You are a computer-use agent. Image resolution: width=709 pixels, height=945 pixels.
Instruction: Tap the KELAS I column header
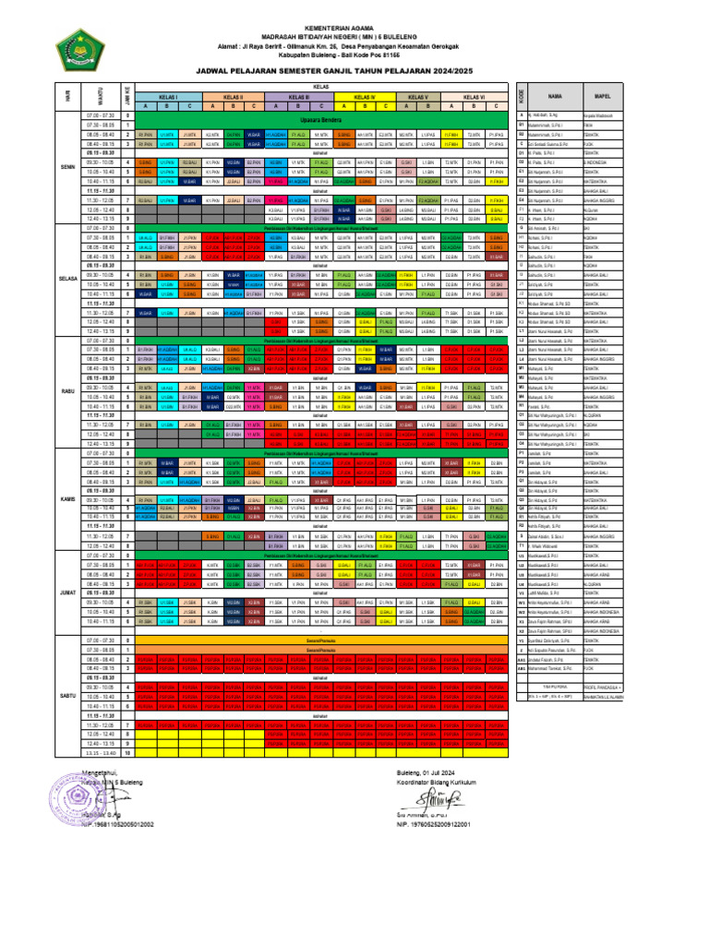168,96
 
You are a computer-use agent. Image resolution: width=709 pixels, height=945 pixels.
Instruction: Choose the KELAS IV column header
365,96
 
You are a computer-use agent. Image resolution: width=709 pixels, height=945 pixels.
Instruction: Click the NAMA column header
555,96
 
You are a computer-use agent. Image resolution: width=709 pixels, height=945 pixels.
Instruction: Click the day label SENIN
68,167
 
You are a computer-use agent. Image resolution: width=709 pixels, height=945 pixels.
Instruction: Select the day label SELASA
68,277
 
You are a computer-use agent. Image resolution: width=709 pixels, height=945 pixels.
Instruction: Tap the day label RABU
68,389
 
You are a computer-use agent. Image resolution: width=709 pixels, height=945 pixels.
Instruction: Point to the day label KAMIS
68,498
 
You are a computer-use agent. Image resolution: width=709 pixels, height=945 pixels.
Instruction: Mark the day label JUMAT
68,591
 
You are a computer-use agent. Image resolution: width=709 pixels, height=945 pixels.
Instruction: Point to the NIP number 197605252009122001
434,823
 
